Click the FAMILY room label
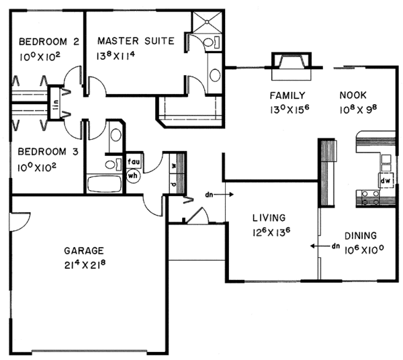[288, 95]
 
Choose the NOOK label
[353, 95]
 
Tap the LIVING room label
[269, 218]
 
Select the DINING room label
[360, 236]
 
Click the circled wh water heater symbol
[132, 175]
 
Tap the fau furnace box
[132, 162]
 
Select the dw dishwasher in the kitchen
[386, 180]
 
